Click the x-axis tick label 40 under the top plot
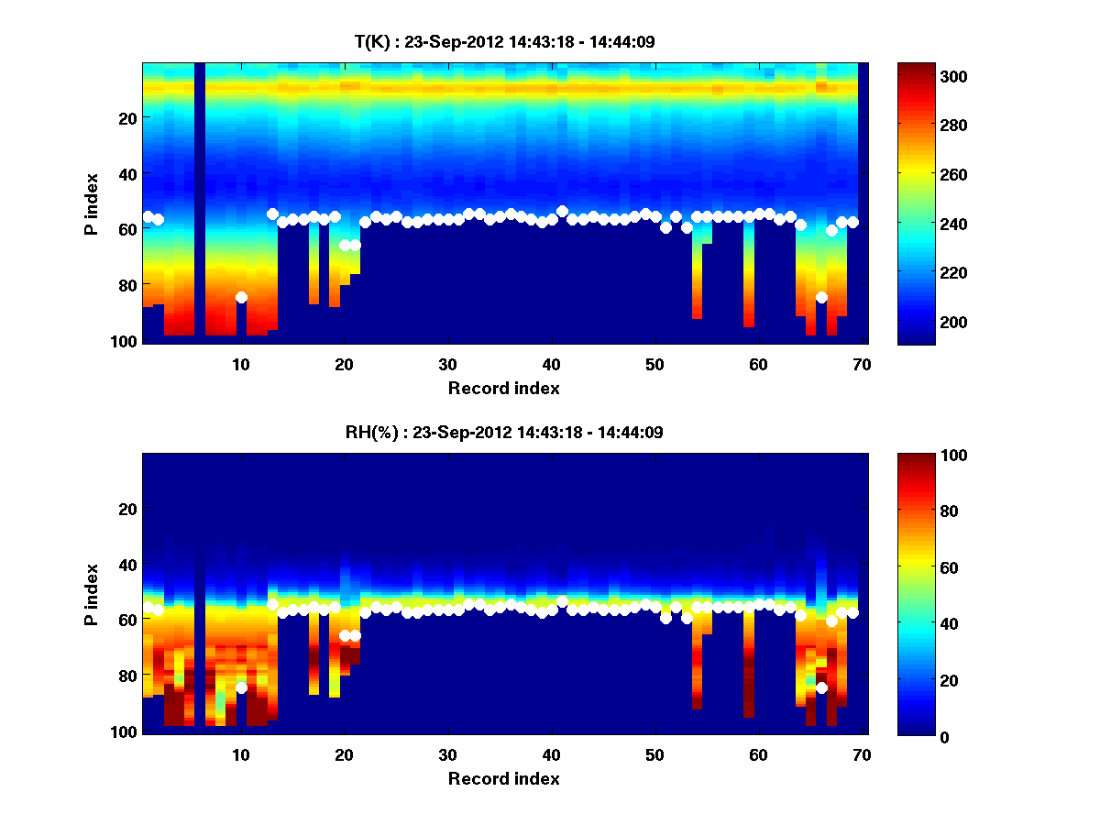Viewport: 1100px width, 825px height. (551, 364)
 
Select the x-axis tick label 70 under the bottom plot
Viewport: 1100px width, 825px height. (861, 754)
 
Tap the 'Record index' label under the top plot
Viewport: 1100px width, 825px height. (504, 388)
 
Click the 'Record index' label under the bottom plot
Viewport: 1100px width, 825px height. (504, 778)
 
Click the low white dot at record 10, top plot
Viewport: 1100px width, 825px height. (241, 297)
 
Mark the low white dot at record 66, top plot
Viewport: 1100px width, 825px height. (821, 297)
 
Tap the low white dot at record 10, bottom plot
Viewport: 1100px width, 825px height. (241, 687)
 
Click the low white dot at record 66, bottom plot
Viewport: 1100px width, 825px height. (821, 687)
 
